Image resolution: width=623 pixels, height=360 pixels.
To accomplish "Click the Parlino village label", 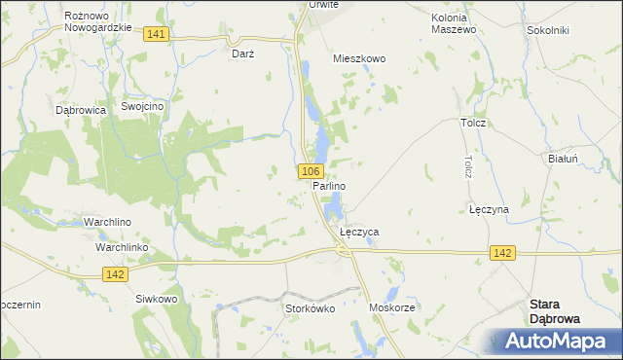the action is (330, 185).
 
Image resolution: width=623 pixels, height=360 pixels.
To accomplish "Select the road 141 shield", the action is (157, 34).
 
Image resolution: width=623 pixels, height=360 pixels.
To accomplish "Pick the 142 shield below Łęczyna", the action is (501, 253).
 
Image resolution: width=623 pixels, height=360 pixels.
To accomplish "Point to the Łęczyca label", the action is (359, 234).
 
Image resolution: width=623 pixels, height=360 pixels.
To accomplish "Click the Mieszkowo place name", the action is (359, 58).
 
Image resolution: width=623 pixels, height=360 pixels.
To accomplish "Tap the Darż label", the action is (243, 54).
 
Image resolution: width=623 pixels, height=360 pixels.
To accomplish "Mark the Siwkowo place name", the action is (157, 299).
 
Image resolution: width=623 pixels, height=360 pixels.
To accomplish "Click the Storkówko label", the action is (310, 308).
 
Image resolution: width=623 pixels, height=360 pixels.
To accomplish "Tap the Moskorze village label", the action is (392, 307).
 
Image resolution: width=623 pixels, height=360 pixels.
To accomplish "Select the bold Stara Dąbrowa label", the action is (554, 310).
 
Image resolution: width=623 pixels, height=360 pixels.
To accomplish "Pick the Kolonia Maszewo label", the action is (454, 23).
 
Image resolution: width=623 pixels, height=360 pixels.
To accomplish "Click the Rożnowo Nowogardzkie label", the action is (97, 21).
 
